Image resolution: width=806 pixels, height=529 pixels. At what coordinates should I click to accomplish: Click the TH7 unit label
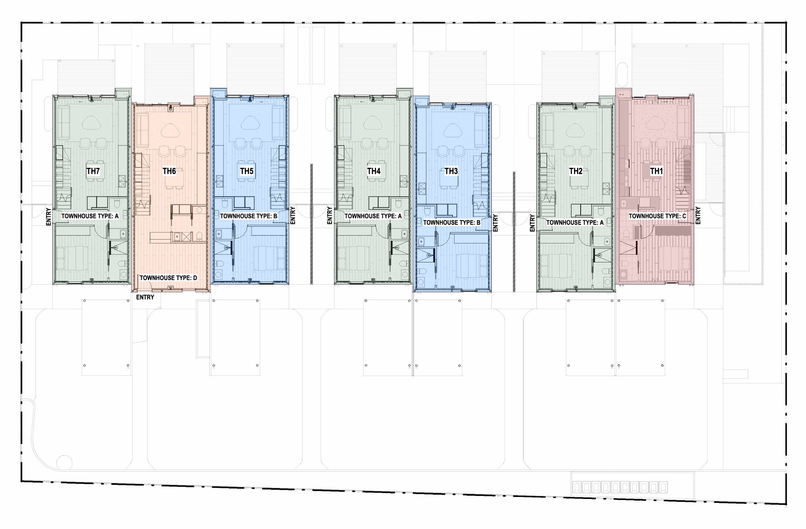tap(93, 171)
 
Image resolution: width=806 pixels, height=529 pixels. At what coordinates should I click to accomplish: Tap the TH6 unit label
tap(169, 171)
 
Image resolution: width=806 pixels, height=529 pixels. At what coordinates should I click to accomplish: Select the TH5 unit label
tap(247, 171)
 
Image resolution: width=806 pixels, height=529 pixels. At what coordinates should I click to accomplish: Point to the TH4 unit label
tap(374, 171)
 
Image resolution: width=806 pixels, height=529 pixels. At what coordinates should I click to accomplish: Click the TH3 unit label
tap(451, 171)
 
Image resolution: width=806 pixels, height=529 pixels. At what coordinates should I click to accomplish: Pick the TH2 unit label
tap(576, 171)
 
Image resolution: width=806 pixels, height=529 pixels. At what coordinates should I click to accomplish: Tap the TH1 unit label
tap(656, 171)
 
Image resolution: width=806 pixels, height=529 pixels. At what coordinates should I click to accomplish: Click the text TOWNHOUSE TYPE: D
tap(168, 278)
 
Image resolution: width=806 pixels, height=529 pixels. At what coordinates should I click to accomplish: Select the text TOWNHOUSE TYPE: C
tap(657, 216)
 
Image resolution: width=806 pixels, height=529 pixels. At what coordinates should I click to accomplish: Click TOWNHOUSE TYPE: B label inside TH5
tap(249, 216)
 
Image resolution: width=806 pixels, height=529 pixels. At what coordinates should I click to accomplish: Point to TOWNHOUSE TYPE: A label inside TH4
tap(373, 216)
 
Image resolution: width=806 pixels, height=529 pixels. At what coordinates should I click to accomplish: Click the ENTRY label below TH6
tap(145, 297)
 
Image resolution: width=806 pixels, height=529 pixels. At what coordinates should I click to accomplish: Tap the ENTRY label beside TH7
tap(48, 217)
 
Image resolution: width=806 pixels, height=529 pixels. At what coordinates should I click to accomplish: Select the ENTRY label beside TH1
tap(698, 215)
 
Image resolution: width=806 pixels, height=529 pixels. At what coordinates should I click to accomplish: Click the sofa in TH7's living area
tap(63, 123)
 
